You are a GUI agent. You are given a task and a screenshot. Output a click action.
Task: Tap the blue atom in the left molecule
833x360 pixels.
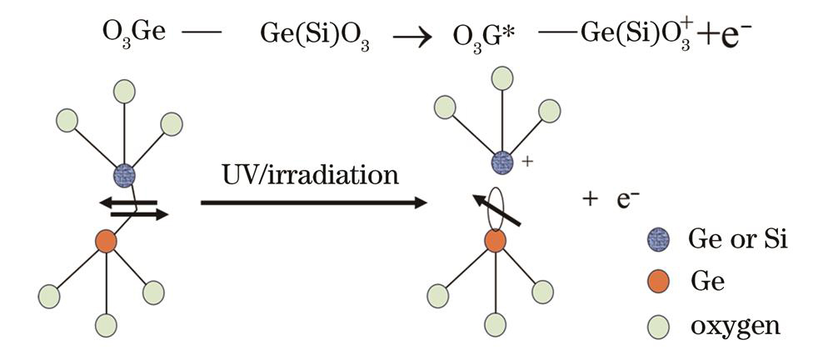[x=123, y=176]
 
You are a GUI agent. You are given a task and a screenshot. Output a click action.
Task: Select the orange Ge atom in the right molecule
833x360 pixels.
[x=496, y=242]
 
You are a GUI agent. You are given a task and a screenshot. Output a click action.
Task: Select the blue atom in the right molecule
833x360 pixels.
[x=502, y=162]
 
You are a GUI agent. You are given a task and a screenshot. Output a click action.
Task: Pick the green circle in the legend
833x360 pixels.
[x=658, y=325]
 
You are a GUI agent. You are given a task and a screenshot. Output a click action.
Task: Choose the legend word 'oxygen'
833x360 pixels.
[x=736, y=326]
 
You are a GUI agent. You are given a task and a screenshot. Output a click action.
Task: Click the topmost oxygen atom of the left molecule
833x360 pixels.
[x=125, y=91]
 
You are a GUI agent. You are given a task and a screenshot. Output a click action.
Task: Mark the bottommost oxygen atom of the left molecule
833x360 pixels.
[x=106, y=325]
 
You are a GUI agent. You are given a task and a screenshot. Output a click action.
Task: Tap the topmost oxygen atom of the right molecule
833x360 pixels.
[x=501, y=78]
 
